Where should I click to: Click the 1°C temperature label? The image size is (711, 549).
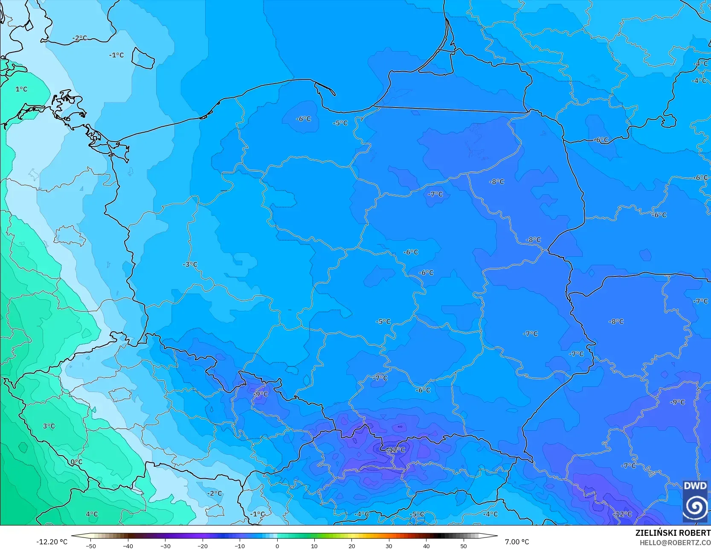tap(21, 89)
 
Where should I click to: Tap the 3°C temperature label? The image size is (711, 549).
tap(49, 426)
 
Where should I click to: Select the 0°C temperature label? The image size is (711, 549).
tap(76, 462)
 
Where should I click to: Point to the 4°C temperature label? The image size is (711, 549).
tap(92, 514)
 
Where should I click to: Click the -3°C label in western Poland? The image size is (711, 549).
tap(190, 264)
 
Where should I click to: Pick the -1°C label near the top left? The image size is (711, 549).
tap(116, 55)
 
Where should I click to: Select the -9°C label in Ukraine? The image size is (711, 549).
tap(677, 402)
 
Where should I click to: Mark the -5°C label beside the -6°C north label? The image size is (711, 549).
tap(340, 123)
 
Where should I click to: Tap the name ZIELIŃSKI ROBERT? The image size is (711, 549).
tap(673, 533)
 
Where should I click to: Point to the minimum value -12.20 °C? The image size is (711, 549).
tap(52, 542)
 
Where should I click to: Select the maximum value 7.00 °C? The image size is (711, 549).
tap(517, 542)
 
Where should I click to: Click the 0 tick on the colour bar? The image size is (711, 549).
tap(277, 546)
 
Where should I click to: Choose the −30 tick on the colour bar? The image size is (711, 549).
tap(165, 546)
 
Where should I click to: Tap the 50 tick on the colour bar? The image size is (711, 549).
tap(464, 546)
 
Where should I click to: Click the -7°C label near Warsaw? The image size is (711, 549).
tap(435, 194)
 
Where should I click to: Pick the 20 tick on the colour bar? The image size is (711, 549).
tap(352, 546)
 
